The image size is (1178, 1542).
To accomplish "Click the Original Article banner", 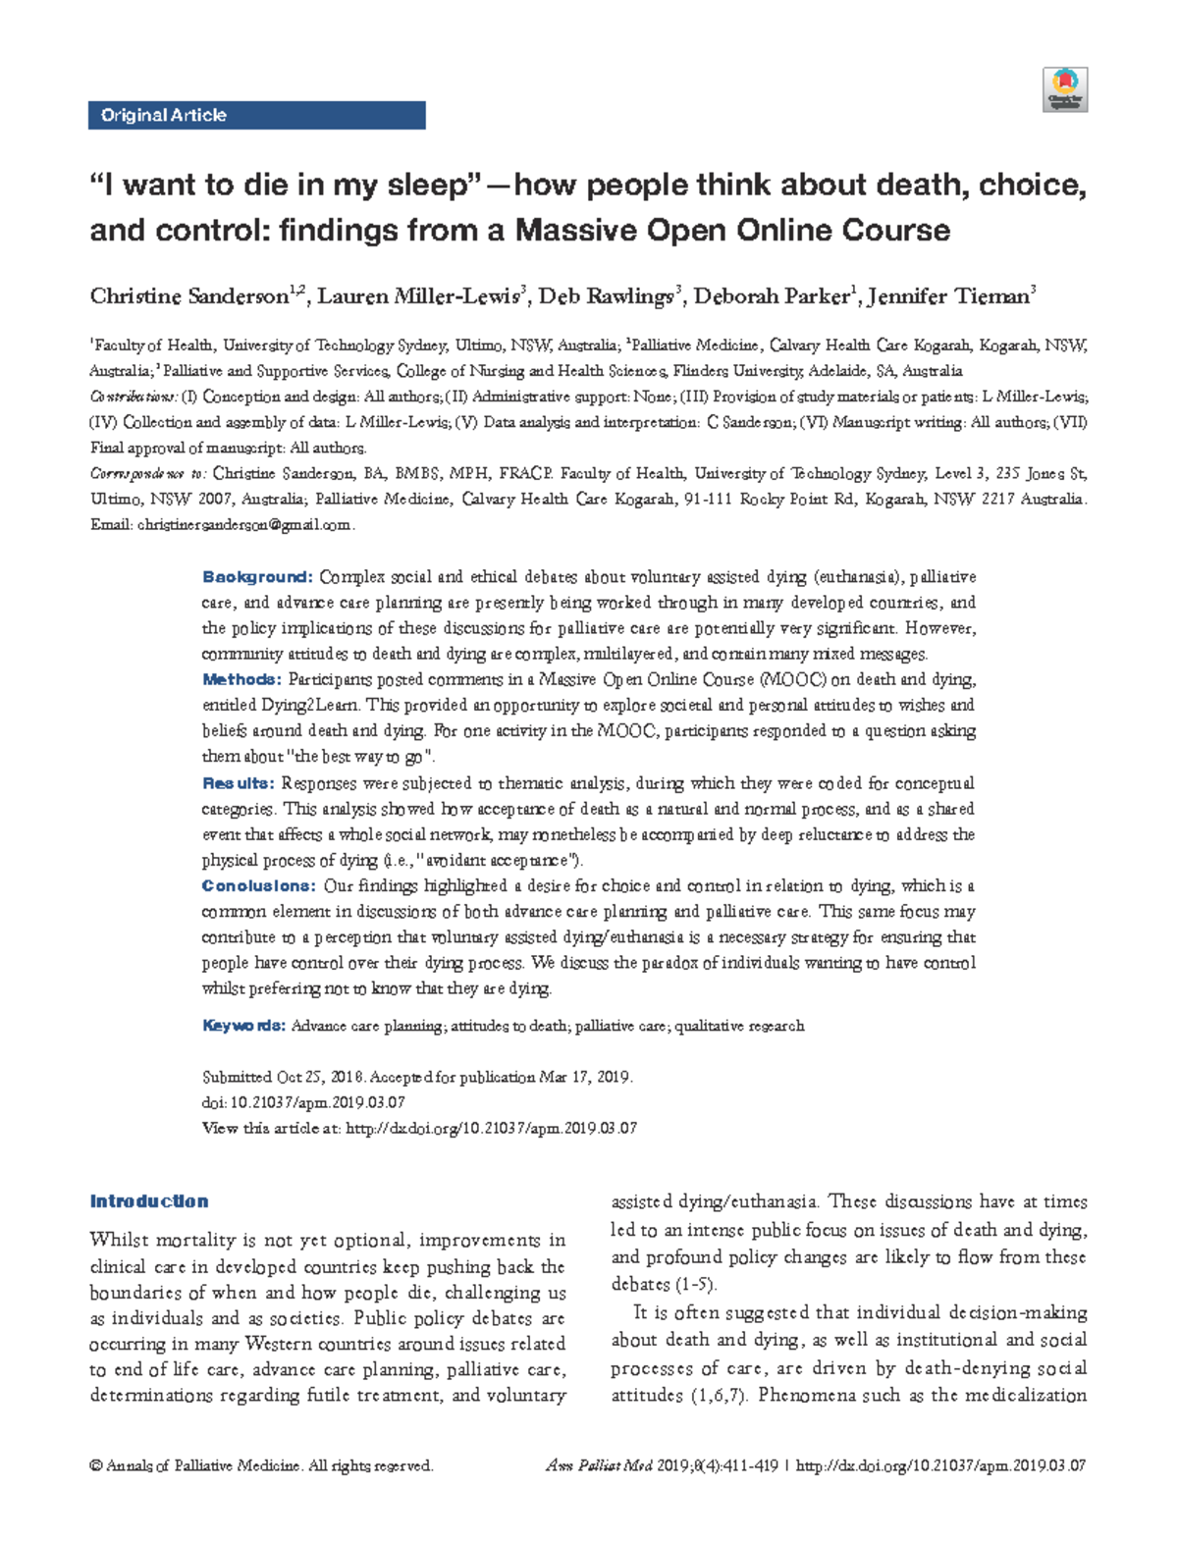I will (256, 115).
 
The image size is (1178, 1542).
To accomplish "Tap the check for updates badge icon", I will (1065, 89).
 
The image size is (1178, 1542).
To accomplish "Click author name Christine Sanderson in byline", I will (188, 296).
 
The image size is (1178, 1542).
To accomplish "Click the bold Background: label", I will (257, 577).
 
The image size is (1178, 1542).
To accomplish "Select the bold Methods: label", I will (241, 679).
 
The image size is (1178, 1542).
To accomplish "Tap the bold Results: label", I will (238, 783).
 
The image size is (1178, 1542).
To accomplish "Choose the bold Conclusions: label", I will (259, 885).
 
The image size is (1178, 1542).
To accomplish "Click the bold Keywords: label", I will (243, 1026).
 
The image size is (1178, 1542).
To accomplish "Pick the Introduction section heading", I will (149, 1201).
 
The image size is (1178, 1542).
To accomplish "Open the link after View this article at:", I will (491, 1129).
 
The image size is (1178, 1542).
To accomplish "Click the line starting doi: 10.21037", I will (303, 1102).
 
